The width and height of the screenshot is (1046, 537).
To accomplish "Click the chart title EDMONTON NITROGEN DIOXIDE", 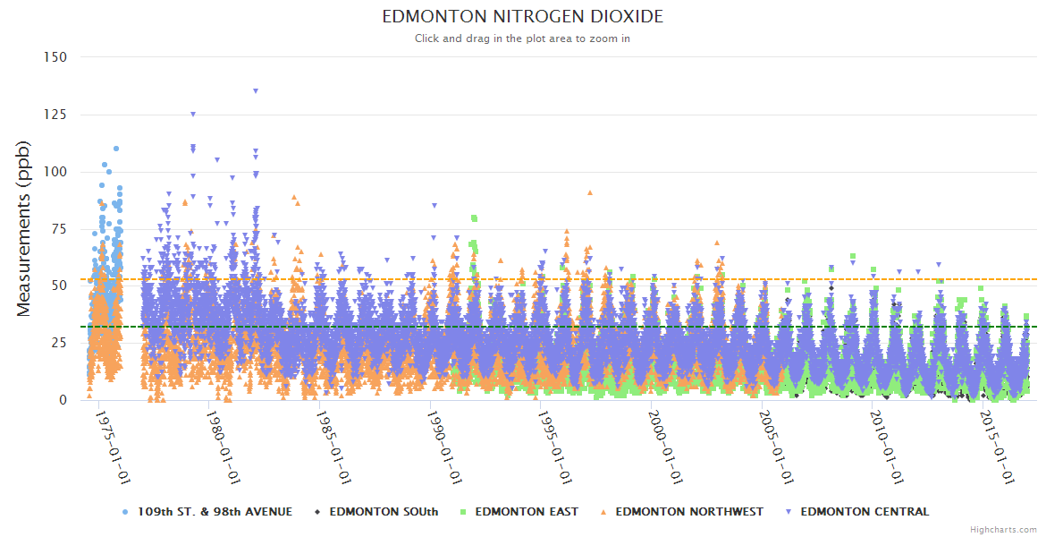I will (522, 17).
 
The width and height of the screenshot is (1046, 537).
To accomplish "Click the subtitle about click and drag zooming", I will (522, 38).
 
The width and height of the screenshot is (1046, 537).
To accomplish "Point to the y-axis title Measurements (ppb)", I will (24, 228).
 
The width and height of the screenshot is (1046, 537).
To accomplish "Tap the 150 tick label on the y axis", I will (55, 57).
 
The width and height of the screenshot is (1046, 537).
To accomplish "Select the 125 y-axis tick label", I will (55, 115).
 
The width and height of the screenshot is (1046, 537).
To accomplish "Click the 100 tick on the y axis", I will (55, 172).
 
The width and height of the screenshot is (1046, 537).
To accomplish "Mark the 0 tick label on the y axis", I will (63, 400).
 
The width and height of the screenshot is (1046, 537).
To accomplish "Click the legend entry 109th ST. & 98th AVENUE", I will (214, 512).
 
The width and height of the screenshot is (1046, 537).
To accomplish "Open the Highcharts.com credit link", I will (1003, 529).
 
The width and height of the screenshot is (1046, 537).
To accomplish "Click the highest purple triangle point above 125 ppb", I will (256, 90).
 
